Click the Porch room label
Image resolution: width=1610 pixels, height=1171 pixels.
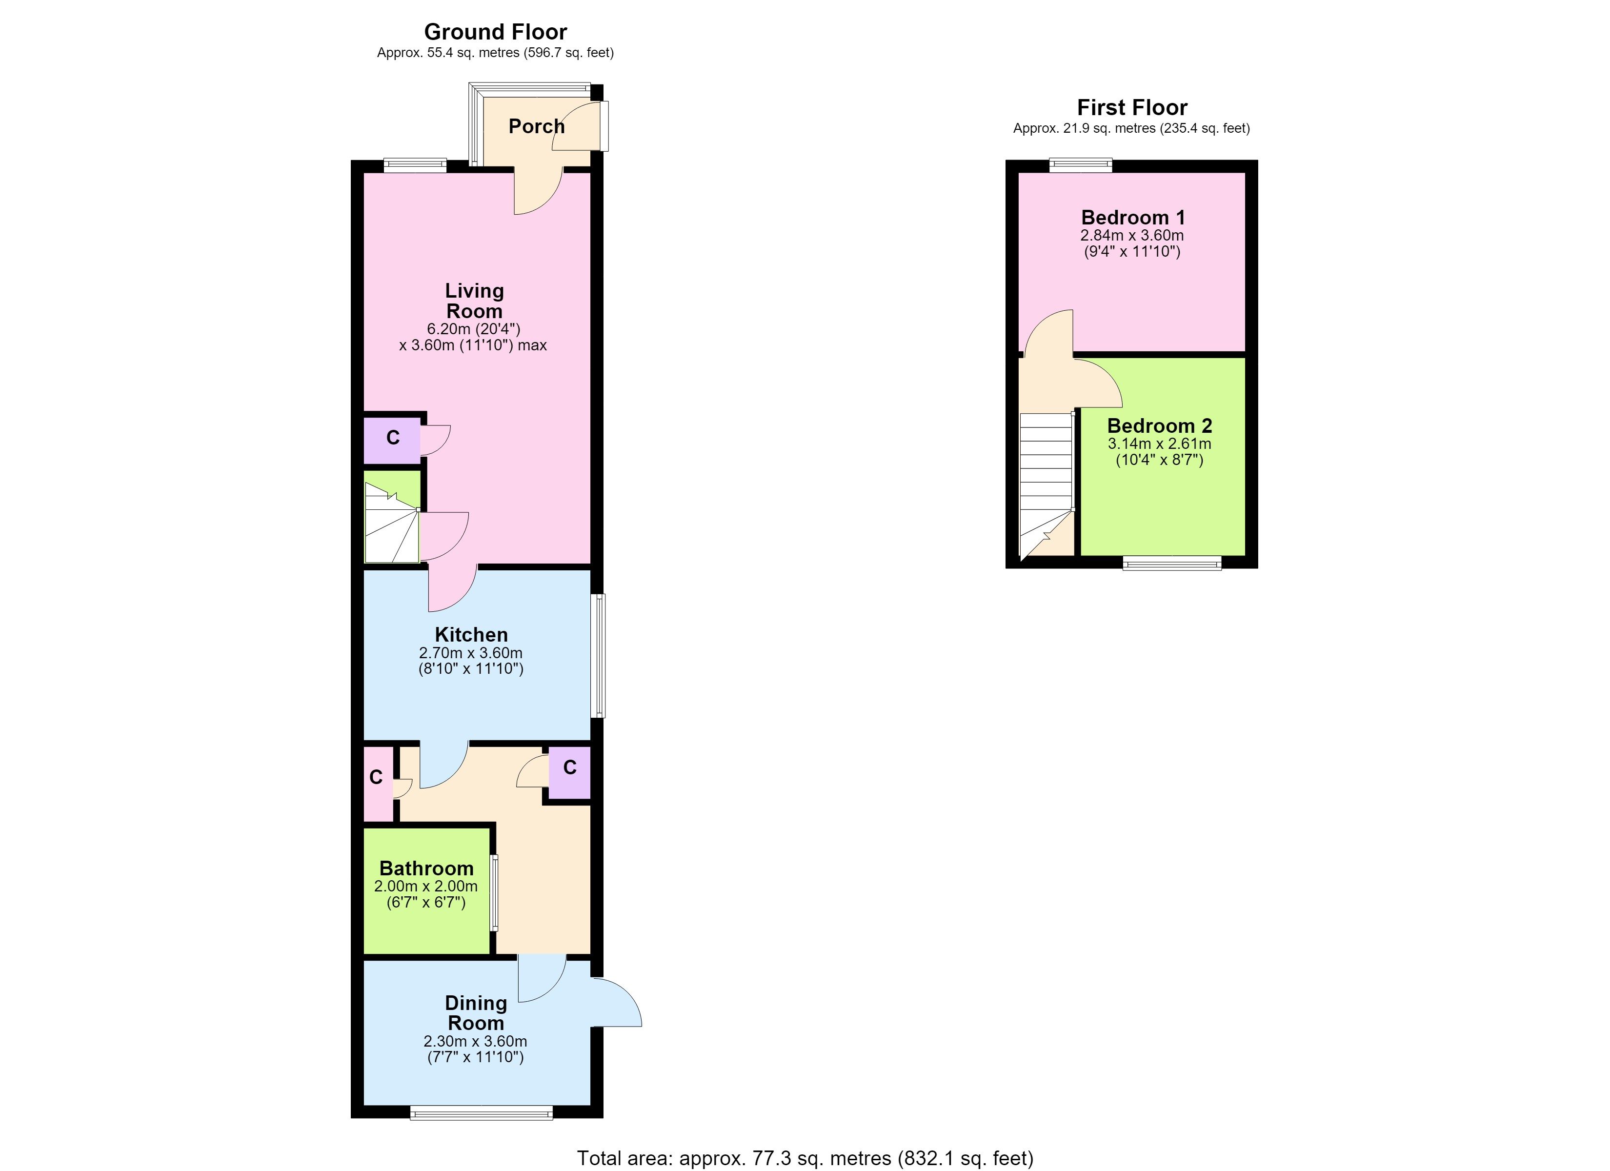click(537, 126)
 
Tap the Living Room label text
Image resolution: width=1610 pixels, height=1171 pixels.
click(474, 301)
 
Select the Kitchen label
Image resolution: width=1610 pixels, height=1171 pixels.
click(471, 635)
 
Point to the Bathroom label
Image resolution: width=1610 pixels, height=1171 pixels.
click(426, 868)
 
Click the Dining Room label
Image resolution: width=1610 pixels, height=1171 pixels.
click(476, 1013)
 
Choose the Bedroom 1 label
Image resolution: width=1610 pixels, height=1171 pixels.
click(1133, 217)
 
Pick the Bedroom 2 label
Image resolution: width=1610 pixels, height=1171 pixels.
click(1160, 426)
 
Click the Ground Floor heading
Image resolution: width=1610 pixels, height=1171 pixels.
click(496, 32)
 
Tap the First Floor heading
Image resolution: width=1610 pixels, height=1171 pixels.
click(1132, 108)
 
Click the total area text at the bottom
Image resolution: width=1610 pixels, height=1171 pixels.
click(805, 1158)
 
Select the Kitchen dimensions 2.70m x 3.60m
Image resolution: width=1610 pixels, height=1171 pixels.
click(471, 653)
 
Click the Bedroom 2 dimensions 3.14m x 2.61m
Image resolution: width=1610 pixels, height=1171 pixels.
click(1160, 444)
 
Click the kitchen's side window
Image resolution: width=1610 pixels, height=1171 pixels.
click(600, 655)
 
